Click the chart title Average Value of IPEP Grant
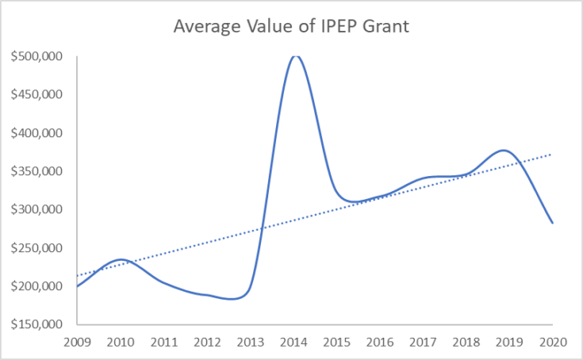tap(291, 27)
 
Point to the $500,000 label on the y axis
tap(36, 56)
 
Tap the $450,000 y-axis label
tap(36, 94)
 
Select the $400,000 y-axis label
tap(36, 133)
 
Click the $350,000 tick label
tap(36, 171)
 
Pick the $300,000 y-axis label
tap(36, 209)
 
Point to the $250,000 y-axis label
tap(36, 248)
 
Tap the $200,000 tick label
tap(36, 286)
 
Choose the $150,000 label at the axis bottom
tap(36, 324)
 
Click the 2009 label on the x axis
tap(78, 343)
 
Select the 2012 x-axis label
tap(207, 343)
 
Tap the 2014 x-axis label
tap(293, 343)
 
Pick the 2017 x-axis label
tap(423, 343)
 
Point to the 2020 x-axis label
tap(553, 343)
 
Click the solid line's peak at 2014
tap(295, 56)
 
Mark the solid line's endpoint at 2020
tap(553, 223)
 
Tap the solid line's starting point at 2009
tap(78, 286)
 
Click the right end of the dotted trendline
tap(551, 154)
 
